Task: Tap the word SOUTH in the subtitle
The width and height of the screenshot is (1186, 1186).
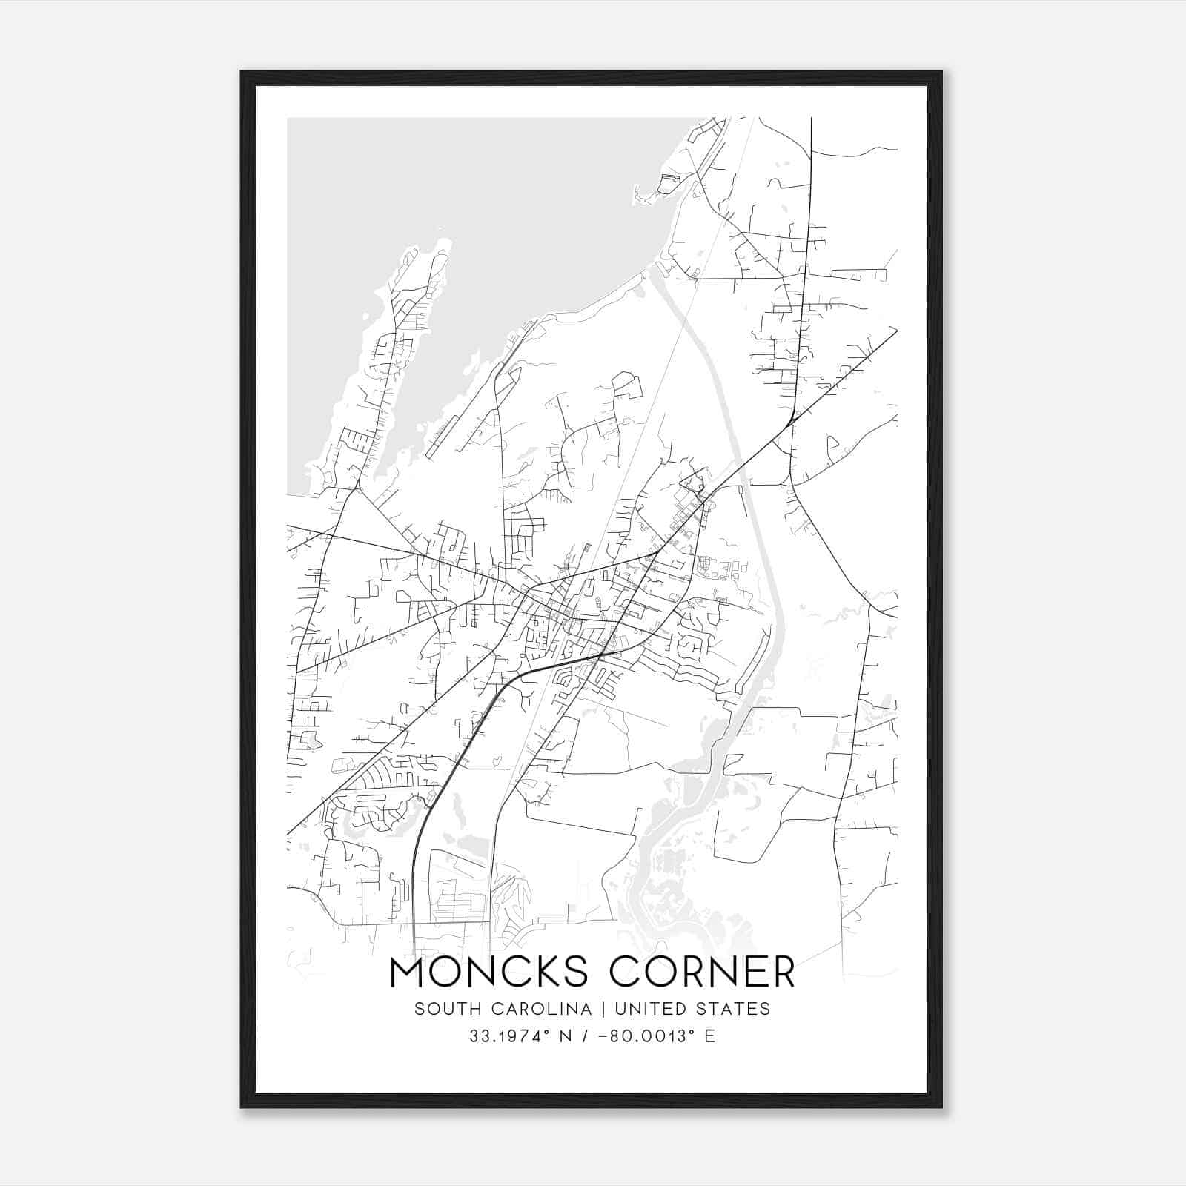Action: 440,1009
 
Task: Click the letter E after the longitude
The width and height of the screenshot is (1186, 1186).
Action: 710,1036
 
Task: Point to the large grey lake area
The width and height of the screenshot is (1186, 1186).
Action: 460,193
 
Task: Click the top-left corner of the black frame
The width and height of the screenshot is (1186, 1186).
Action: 242,73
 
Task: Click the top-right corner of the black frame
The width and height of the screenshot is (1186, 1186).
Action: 941,73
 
